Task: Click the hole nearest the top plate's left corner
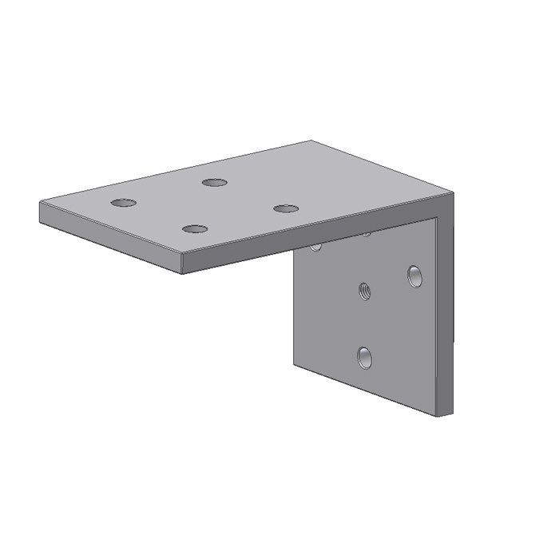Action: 124,202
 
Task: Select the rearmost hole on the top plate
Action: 214,183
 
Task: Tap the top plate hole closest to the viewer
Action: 195,229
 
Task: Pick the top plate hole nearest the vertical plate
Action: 285,209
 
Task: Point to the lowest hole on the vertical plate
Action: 365,356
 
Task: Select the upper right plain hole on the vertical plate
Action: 414,276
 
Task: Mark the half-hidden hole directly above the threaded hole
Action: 366,234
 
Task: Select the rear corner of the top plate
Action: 311,141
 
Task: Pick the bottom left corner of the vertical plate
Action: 294,367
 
